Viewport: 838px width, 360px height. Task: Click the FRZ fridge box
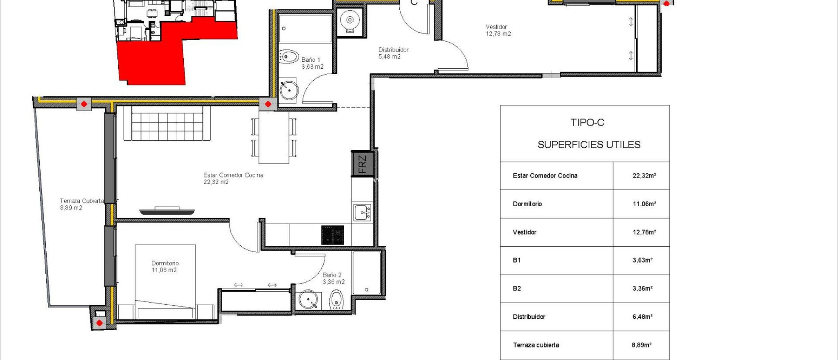point(363,164)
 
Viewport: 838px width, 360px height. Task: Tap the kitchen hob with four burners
point(332,235)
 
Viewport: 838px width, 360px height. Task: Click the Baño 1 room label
point(312,63)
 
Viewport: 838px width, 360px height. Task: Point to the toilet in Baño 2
point(336,300)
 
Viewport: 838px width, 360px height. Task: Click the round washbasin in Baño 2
point(308,300)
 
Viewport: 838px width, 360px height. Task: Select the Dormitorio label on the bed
point(164,266)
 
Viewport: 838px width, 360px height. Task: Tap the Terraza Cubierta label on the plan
point(81,204)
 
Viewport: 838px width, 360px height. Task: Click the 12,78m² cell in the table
point(644,232)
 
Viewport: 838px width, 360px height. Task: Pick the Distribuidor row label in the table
point(529,317)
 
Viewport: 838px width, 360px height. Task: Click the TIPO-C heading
point(587,123)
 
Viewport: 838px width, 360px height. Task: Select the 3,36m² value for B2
point(642,288)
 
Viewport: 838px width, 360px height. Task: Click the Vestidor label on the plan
point(498,30)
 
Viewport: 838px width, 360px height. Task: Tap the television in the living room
point(167,211)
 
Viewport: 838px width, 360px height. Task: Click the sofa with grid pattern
point(167,124)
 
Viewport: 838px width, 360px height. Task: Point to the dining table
point(274,137)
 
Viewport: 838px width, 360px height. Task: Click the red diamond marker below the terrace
point(99,323)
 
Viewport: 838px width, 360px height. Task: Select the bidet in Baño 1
point(289,57)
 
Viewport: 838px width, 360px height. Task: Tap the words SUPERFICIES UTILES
point(589,145)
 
